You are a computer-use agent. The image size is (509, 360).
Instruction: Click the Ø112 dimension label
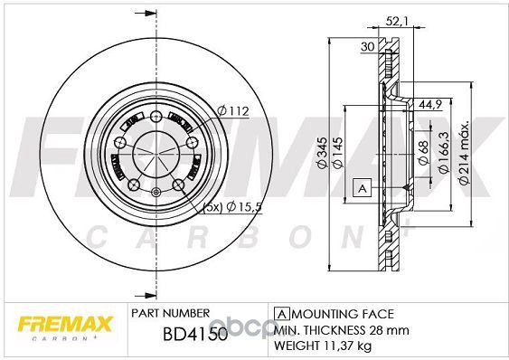(232, 111)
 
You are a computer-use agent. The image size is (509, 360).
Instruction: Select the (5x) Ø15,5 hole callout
(231, 207)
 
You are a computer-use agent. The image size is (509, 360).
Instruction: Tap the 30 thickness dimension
(368, 47)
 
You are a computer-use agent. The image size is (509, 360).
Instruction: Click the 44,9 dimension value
(429, 104)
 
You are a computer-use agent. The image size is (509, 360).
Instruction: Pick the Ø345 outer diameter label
(322, 153)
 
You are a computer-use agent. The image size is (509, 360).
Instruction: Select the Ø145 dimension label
(338, 153)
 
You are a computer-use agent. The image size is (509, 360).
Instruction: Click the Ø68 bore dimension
(423, 153)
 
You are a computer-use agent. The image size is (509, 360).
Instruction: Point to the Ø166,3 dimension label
(443, 152)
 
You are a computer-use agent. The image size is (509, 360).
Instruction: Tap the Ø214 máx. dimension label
(464, 154)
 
